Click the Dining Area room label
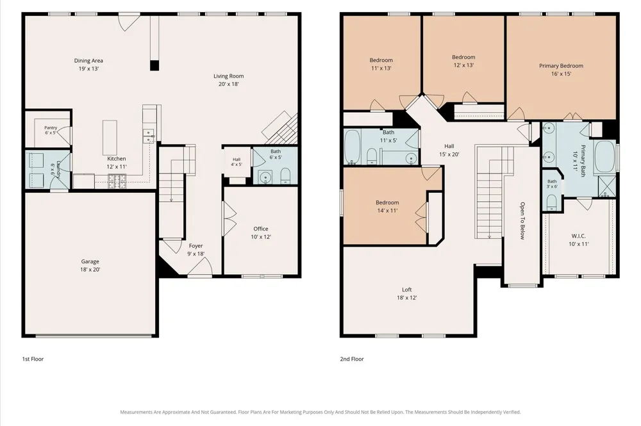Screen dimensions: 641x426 [88, 60]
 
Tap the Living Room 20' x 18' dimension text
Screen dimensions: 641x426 [229, 84]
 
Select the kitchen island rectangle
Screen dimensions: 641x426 [110, 138]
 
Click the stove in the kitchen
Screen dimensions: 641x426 [117, 181]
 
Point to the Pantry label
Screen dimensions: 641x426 [51, 128]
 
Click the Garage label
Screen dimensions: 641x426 [90, 261]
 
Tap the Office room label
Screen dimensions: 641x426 [261, 229]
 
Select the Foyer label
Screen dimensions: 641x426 [196, 246]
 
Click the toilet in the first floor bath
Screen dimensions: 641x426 [285, 176]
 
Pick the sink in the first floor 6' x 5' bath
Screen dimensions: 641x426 [266, 177]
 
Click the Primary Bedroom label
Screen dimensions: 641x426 [561, 66]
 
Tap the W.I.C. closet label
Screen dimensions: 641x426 [578, 236]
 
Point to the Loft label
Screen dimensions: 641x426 [407, 290]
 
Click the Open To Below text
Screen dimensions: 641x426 [522, 221]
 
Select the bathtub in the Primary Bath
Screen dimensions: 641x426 [604, 157]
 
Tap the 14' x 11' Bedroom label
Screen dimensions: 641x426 [387, 202]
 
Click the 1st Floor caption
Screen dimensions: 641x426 [33, 359]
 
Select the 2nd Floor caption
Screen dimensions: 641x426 [352, 359]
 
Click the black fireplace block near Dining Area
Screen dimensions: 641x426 [154, 65]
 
